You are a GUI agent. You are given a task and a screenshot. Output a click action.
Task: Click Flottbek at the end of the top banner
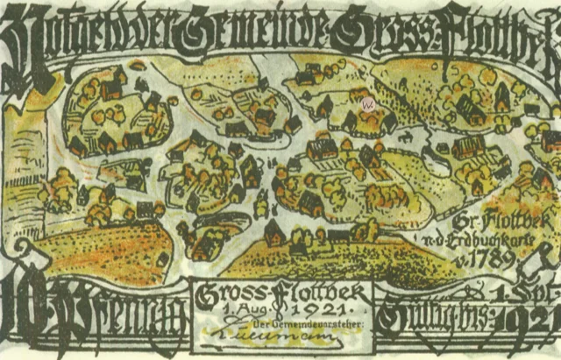click(x=491, y=31)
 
